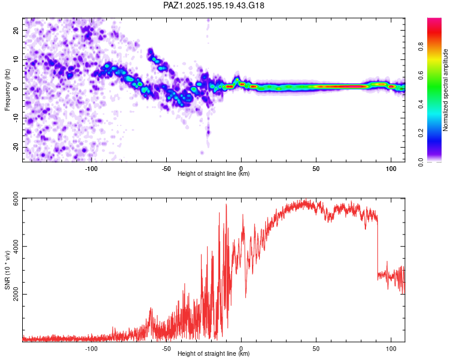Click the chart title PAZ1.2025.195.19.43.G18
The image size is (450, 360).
(x=214, y=5)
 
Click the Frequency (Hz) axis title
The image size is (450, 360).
(x=7, y=90)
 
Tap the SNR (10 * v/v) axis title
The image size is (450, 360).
(x=7, y=270)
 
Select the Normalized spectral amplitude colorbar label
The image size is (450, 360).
(x=445, y=90)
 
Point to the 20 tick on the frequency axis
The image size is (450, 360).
(x=16, y=30)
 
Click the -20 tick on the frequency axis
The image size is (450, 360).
(x=16, y=147)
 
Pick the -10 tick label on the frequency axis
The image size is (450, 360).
(x=16, y=118)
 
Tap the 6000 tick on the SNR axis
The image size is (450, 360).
(x=16, y=199)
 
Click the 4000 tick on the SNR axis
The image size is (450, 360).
(x=16, y=247)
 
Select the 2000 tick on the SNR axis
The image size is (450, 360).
(x=16, y=294)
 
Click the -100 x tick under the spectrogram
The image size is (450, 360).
(x=91, y=169)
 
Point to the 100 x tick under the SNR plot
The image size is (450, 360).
(x=391, y=349)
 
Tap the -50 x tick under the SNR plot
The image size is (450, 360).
(x=166, y=349)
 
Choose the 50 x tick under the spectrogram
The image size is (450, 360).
(x=316, y=169)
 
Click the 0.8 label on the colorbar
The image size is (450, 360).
(x=421, y=47)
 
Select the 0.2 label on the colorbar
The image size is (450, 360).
(x=421, y=133)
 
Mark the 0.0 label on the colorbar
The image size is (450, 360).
(x=421, y=162)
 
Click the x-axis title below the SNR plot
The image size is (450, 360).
(x=214, y=353)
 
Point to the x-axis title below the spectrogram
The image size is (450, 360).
(x=214, y=173)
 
